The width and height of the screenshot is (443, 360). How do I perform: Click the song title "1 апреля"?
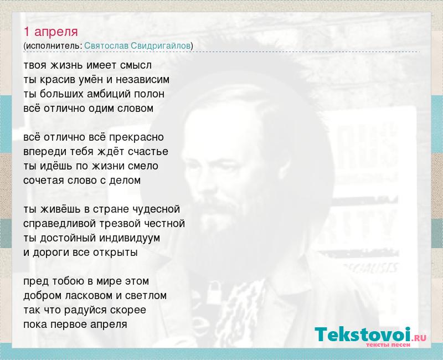(50, 32)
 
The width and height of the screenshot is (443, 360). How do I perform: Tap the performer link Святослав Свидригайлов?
(137, 46)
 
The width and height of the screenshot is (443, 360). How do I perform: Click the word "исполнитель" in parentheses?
(53, 46)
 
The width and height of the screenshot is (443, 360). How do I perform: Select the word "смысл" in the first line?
(136, 65)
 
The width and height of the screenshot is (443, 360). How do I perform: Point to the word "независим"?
(143, 80)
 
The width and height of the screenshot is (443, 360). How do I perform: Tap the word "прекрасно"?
(136, 137)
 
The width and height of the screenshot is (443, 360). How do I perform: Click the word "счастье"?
(148, 152)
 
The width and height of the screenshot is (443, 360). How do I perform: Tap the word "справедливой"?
(60, 224)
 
